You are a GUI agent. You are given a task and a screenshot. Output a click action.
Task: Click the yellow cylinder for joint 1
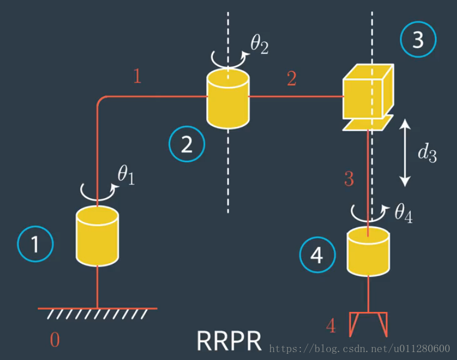tap(97, 236)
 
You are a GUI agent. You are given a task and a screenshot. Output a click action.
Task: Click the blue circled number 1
tap(35, 244)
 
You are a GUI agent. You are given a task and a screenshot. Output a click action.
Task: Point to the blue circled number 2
tap(187, 144)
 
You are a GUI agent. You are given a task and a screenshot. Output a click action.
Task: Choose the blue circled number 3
tap(419, 40)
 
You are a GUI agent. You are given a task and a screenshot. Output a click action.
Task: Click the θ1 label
tap(126, 176)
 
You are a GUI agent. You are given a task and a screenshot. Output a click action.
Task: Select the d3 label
tap(426, 153)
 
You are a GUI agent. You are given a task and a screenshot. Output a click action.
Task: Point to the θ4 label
tap(403, 213)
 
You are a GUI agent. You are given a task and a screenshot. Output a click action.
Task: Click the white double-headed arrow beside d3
tap(405, 153)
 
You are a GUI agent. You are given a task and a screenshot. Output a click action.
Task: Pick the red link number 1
tap(137, 76)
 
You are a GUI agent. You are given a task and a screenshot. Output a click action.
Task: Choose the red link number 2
tap(291, 79)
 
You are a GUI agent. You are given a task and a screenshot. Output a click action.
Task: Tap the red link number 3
tap(349, 179)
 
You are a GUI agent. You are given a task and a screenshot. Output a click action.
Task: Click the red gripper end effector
tap(368, 323)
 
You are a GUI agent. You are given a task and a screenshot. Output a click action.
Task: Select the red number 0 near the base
tap(54, 340)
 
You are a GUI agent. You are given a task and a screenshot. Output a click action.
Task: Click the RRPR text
tap(229, 341)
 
